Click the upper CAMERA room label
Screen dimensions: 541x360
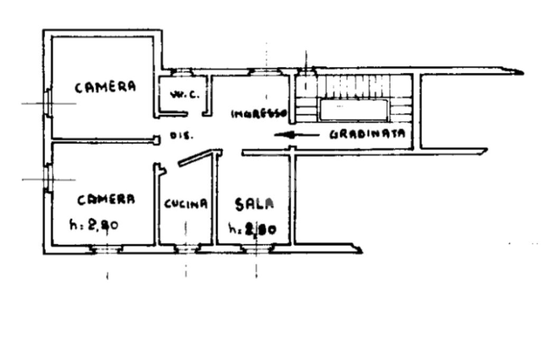pyautogui.click(x=105, y=87)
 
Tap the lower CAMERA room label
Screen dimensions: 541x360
pyautogui.click(x=106, y=200)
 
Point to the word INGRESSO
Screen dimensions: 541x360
pyautogui.click(x=258, y=113)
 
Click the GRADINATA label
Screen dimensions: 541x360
pyautogui.click(x=367, y=134)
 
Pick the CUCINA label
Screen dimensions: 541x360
pyautogui.click(x=185, y=204)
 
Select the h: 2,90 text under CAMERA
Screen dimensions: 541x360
pyautogui.click(x=94, y=225)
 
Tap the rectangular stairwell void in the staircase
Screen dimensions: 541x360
pyautogui.click(x=353, y=110)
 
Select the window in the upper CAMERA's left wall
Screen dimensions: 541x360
pyautogui.click(x=48, y=103)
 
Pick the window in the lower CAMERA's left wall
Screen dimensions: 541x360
pyautogui.click(x=48, y=179)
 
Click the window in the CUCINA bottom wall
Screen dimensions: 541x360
pyautogui.click(x=185, y=248)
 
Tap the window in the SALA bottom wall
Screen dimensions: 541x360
pyautogui.click(x=256, y=248)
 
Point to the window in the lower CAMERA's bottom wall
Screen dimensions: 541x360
pyautogui.click(x=107, y=248)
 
